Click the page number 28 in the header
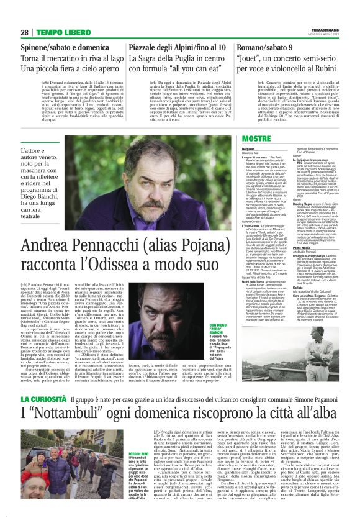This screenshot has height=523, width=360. click(x=24, y=32)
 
